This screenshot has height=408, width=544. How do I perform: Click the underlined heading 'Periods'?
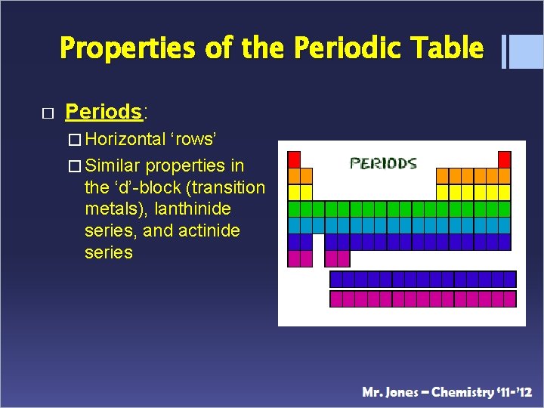pos(104,112)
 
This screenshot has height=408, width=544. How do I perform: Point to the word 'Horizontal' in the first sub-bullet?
pos(125,139)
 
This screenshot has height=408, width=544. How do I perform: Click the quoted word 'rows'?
pos(194,139)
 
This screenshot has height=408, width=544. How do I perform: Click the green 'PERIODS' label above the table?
pos(383,162)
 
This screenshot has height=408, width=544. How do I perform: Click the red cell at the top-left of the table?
pos(294,159)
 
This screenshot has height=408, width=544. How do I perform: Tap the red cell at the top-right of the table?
pos(504,159)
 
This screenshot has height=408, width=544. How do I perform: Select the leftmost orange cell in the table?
pos(294,175)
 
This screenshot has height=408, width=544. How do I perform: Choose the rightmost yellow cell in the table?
pos(504,192)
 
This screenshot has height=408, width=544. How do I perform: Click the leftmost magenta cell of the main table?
pos(294,258)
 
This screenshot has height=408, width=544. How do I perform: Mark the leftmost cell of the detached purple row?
pos(336,279)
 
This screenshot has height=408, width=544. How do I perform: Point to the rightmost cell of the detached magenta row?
pos(509,298)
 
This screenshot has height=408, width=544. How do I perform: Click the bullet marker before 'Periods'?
pos(47,113)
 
